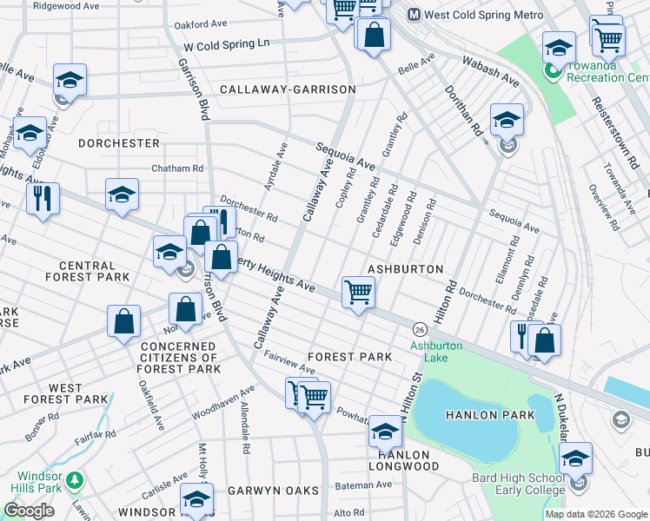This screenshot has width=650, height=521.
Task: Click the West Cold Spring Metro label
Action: click(476, 15)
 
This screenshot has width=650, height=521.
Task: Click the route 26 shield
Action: click(420, 330)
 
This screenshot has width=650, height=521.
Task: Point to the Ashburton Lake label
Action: click(442, 351)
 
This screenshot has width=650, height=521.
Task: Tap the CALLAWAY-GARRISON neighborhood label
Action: click(288, 89)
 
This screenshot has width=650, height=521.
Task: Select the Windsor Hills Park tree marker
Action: click(75, 479)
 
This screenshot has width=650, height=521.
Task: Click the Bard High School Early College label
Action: click(518, 484)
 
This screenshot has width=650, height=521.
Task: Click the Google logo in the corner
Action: click(29, 511)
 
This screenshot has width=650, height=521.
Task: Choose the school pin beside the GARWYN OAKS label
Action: click(197, 499)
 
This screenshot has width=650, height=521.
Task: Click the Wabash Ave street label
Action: click(491, 71)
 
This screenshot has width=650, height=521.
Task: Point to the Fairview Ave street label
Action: click(289, 363)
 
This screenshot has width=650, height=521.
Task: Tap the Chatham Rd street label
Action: click(177, 168)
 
